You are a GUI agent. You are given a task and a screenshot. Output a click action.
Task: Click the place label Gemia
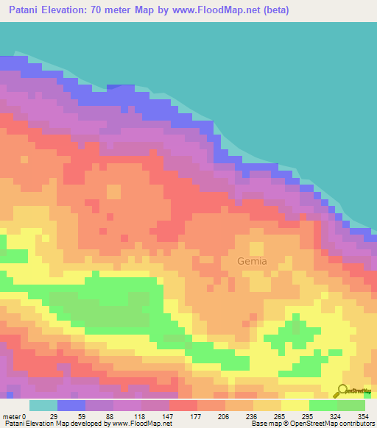[x=252, y=261]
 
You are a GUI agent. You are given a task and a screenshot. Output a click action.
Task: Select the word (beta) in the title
[x=273, y=10]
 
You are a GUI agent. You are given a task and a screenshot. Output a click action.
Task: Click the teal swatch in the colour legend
[x=43, y=405]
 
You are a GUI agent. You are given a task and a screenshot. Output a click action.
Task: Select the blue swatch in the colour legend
[x=71, y=405]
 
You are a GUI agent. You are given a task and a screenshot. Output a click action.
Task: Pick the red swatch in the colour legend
[x=183, y=405]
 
